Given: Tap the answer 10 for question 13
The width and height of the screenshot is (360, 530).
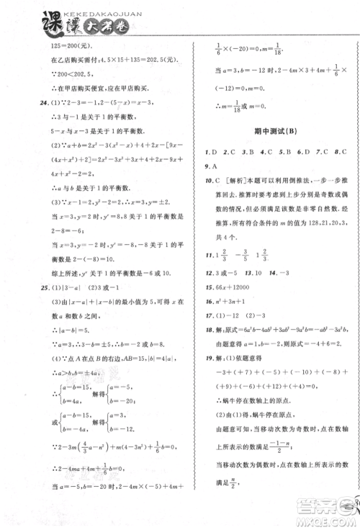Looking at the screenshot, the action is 254,274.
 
